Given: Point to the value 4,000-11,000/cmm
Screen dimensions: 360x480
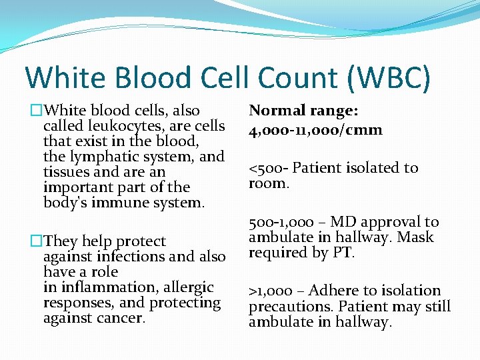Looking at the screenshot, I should (316, 129).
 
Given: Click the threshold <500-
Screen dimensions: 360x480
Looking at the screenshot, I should (269, 168).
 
